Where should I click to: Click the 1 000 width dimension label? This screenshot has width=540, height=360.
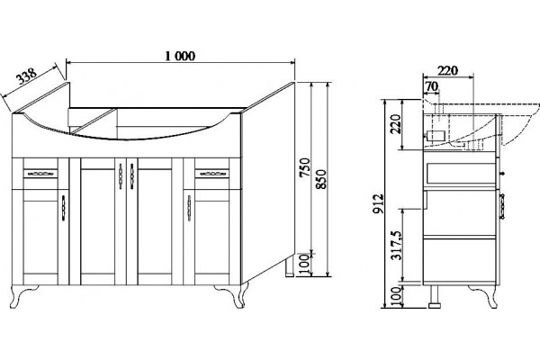(180, 56)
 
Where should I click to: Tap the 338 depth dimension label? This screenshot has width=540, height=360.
(27, 76)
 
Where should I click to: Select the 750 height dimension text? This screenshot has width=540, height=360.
(304, 167)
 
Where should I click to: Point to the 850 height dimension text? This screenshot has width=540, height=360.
(320, 179)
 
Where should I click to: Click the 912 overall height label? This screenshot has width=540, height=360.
(378, 203)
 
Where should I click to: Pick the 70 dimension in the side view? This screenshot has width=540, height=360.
(431, 86)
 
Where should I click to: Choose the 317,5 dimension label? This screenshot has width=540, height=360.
(397, 245)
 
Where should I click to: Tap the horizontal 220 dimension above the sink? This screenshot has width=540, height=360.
(447, 70)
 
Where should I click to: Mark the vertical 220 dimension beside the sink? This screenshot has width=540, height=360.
(396, 123)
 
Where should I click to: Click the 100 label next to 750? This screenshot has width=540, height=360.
(304, 264)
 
